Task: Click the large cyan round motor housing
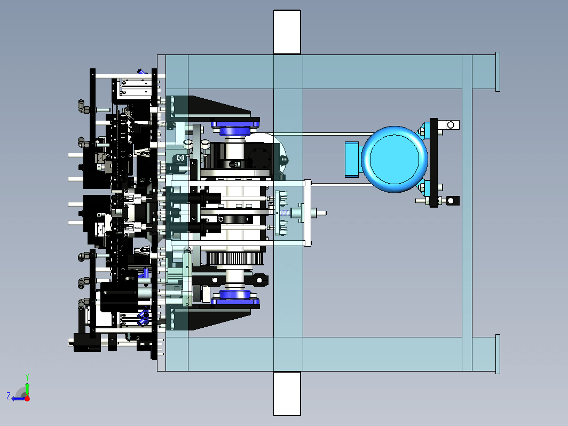point(395,160)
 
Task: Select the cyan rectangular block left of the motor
point(352,160)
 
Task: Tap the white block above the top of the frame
point(287,32)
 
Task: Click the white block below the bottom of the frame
point(287,393)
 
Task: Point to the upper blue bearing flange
point(235,127)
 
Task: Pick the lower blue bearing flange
point(235,298)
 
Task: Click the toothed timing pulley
point(234,258)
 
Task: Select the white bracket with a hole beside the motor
point(448,125)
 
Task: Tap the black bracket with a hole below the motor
point(452,201)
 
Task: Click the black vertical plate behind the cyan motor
point(433,163)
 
